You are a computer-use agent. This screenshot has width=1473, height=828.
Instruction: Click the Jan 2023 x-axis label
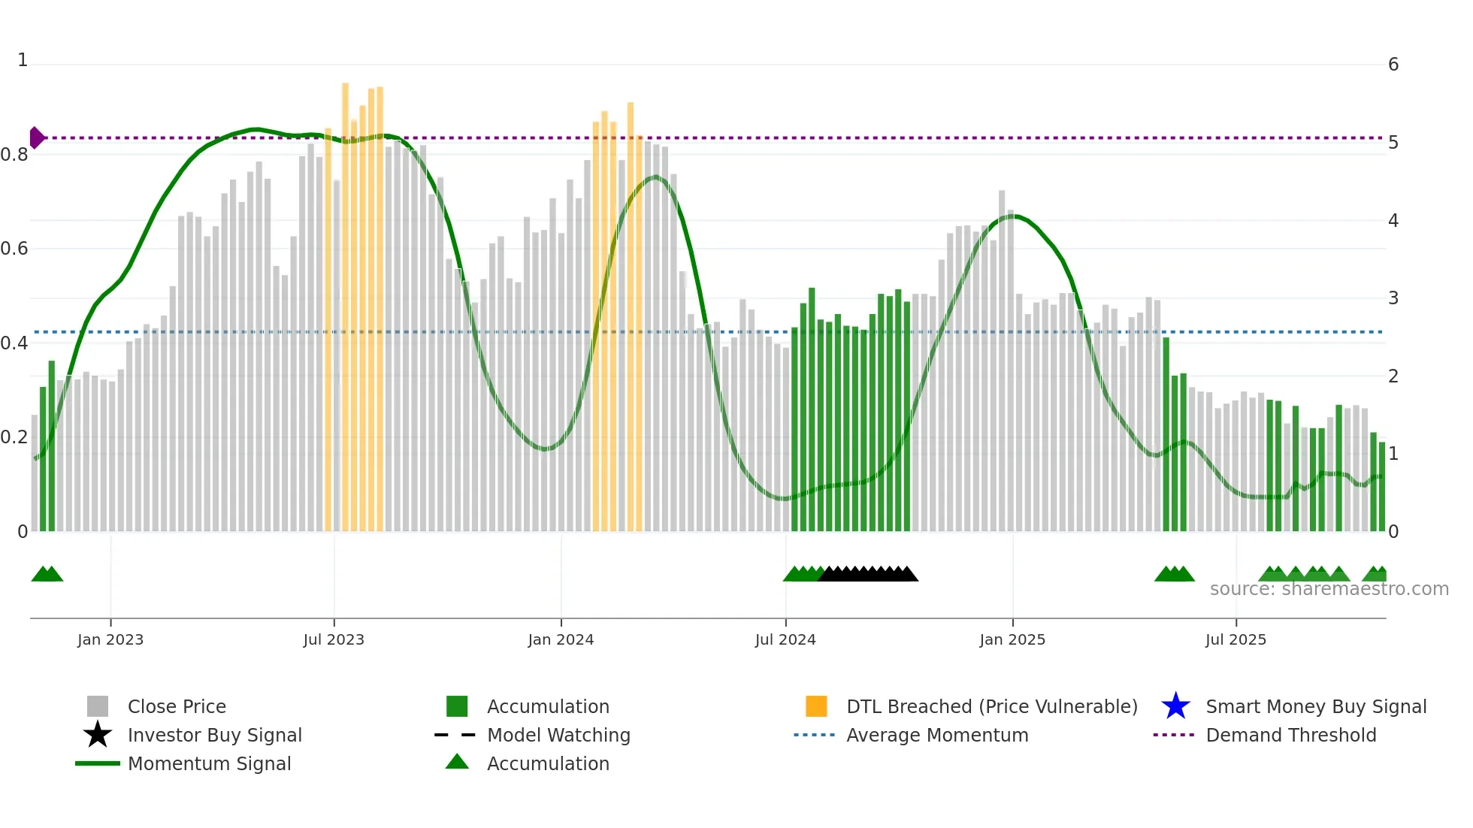pyautogui.click(x=110, y=639)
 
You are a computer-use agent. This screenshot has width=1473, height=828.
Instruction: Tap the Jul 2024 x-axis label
pyautogui.click(x=785, y=639)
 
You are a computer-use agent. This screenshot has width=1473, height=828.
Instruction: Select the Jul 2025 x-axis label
pyautogui.click(x=1236, y=639)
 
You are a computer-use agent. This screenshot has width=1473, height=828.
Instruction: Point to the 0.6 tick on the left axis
pyautogui.click(x=14, y=249)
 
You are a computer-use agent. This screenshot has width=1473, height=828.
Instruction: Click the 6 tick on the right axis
pyautogui.click(x=1393, y=65)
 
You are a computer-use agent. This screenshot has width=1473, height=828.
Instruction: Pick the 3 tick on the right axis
pyautogui.click(x=1393, y=298)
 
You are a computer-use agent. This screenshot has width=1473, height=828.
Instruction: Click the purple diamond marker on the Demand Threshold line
pyautogui.click(x=36, y=138)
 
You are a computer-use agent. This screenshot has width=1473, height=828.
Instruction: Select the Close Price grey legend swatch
pyautogui.click(x=98, y=706)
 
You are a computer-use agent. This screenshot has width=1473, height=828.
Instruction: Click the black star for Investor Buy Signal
pyautogui.click(x=98, y=735)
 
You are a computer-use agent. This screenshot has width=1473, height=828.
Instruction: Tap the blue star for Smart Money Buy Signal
pyautogui.click(x=1175, y=706)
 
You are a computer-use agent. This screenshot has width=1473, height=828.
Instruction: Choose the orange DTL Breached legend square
pyautogui.click(x=816, y=706)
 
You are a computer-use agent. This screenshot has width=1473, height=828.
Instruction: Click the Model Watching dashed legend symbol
pyautogui.click(x=455, y=735)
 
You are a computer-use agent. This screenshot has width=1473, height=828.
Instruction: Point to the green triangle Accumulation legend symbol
pyautogui.click(x=457, y=763)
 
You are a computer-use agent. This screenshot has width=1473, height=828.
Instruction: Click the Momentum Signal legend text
pyautogui.click(x=209, y=763)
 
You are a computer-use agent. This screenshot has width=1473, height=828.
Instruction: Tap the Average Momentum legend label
pyautogui.click(x=937, y=735)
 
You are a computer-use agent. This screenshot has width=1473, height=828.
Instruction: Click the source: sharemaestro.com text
pyautogui.click(x=1329, y=589)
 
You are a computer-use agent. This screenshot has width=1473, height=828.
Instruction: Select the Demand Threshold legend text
pyautogui.click(x=1290, y=735)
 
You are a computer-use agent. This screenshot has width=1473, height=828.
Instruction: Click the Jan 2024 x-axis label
pyautogui.click(x=561, y=639)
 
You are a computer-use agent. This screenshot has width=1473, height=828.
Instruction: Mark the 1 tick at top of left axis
pyautogui.click(x=23, y=60)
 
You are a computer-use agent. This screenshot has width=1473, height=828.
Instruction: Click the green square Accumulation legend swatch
pyautogui.click(x=457, y=706)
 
